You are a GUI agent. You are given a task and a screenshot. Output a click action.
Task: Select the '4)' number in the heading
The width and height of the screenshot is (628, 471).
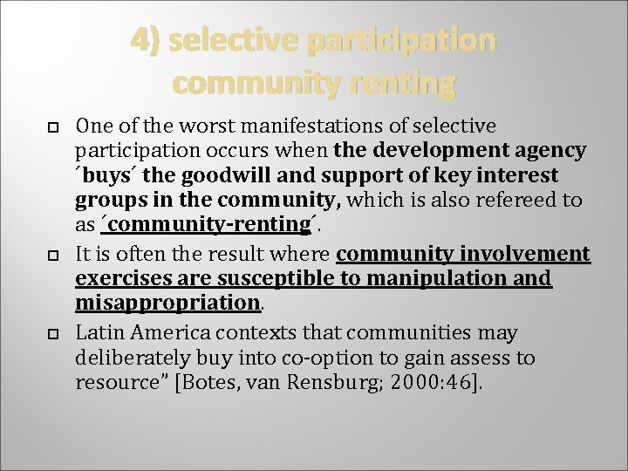(x=145, y=41)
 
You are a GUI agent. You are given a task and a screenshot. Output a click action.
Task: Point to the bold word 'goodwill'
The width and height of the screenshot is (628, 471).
(x=212, y=175)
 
